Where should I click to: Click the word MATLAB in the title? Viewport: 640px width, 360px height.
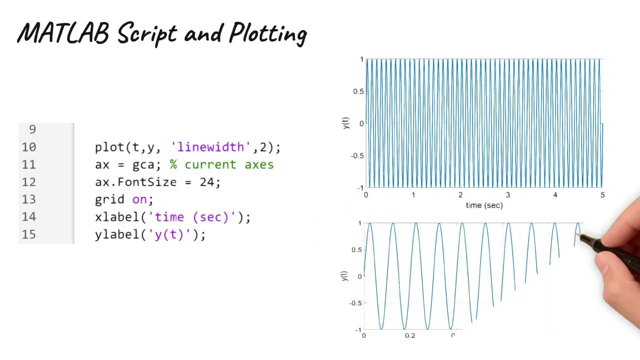tap(63, 34)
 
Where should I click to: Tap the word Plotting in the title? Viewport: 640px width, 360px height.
tap(268, 35)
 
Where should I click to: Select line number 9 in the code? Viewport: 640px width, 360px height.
tap(32, 129)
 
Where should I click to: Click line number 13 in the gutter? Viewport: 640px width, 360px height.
tap(29, 199)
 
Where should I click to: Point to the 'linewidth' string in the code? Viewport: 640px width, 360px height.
tap(210, 147)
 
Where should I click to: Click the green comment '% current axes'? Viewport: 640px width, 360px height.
tap(221, 164)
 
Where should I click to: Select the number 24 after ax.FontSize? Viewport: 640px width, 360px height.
tap(207, 182)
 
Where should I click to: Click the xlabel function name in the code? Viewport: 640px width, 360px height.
tap(117, 217)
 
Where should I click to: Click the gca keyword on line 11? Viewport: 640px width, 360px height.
tap(143, 165)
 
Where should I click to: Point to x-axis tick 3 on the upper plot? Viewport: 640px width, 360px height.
tap(507, 195)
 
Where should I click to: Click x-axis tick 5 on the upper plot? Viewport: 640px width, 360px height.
tap(602, 195)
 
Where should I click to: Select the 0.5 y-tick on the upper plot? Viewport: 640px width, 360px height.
tap(358, 91)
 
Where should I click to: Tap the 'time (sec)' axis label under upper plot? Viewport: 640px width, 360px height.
tap(484, 205)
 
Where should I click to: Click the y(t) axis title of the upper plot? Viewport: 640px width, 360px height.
tap(345, 123)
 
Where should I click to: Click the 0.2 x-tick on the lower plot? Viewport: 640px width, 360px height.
tap(410, 335)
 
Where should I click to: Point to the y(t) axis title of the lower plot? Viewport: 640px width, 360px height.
tap(344, 276)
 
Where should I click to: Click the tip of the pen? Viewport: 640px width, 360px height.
tap(578, 234)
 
